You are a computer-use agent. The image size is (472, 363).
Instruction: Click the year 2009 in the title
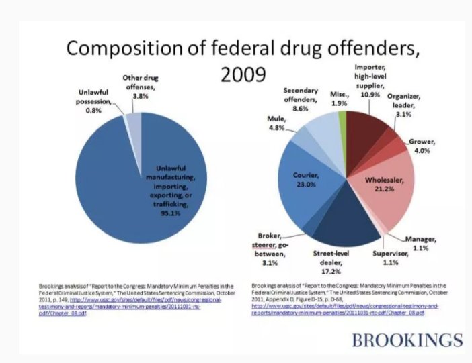point(240,73)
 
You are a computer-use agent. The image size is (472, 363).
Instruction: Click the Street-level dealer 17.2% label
point(329,262)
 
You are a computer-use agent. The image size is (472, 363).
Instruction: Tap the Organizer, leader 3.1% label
point(406,105)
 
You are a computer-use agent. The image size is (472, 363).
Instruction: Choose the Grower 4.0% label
point(425,146)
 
